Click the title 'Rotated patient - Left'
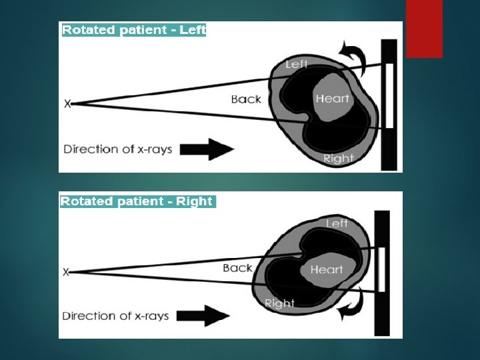134,30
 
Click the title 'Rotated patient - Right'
137,201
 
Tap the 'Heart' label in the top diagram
332,99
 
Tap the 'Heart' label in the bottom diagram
327,270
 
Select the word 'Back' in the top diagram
246,99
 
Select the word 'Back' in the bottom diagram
237,268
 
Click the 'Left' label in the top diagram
296,65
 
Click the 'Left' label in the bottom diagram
337,224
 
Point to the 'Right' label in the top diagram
338,159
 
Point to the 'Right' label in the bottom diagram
279,303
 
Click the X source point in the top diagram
67,104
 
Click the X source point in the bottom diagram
66,272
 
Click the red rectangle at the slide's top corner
424,28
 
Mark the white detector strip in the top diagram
389,96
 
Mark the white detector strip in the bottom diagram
382,269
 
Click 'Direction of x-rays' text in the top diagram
118,149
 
